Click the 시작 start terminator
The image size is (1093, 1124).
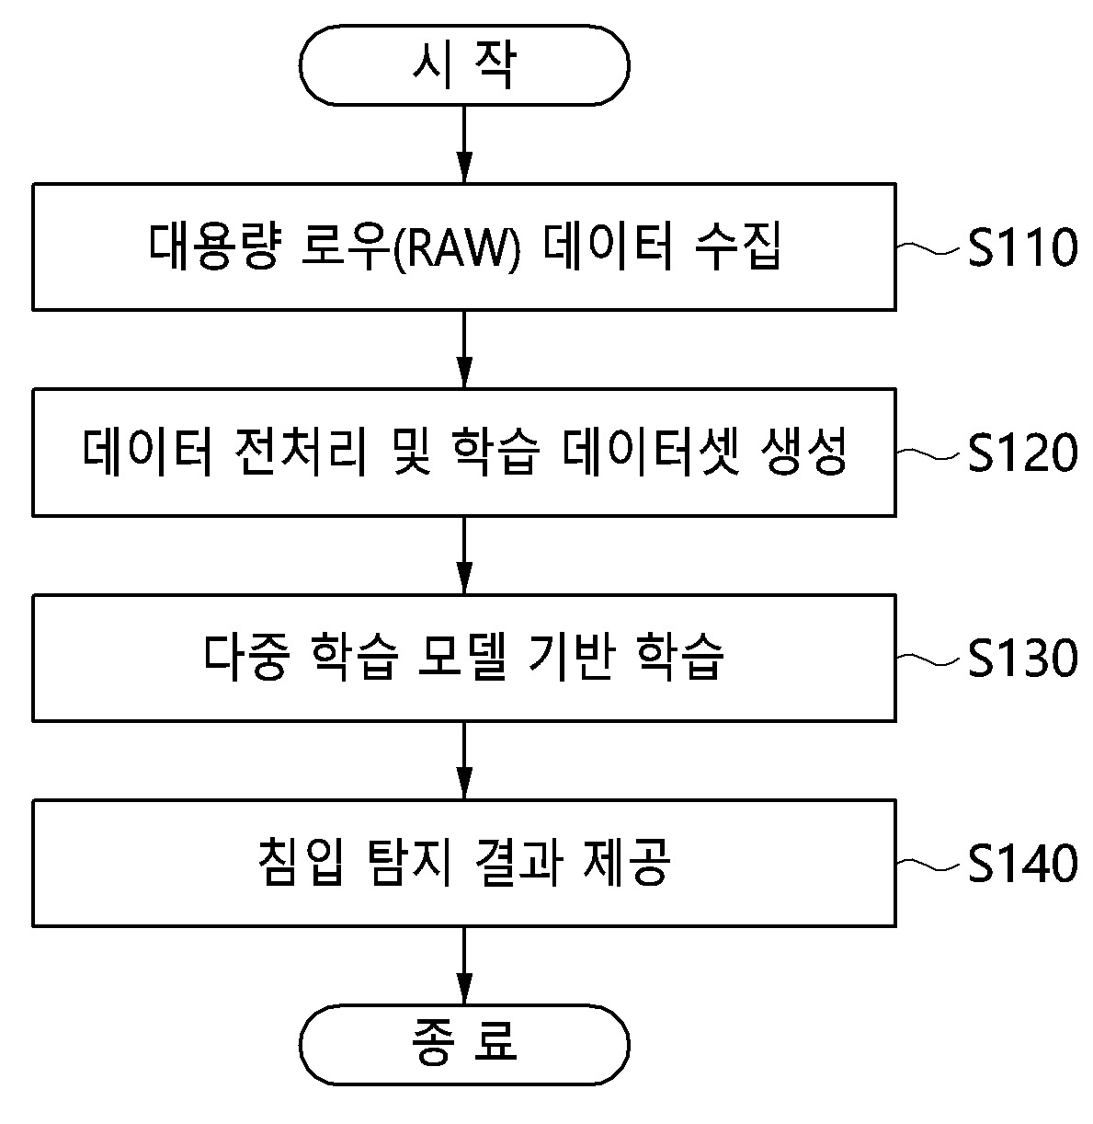click(464, 64)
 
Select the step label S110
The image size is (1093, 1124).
click(1021, 247)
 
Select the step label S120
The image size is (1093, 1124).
click(1021, 453)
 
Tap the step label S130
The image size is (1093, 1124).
click(1021, 659)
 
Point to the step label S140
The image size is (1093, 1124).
click(1021, 864)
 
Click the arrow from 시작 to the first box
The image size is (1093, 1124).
click(464, 143)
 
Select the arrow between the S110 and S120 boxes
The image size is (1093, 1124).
click(464, 349)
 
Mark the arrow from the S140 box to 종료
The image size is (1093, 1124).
click(464, 965)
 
